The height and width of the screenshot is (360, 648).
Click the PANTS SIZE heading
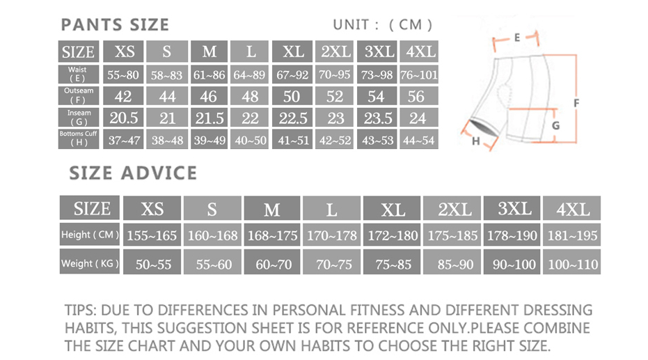pyautogui.click(x=115, y=25)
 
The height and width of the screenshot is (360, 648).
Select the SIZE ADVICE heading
pyautogui.click(x=133, y=173)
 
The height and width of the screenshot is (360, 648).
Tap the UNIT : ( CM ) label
pyautogui.click(x=382, y=25)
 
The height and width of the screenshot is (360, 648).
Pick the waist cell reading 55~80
pyautogui.click(x=123, y=75)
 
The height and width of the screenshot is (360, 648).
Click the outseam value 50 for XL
pyautogui.click(x=292, y=96)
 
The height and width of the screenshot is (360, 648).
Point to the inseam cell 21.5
pyautogui.click(x=209, y=118)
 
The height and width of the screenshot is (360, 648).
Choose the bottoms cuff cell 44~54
pyautogui.click(x=418, y=140)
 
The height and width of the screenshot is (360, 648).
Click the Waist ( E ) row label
pyautogui.click(x=78, y=75)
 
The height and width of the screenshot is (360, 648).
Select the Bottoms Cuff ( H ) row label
pyautogui.click(x=78, y=139)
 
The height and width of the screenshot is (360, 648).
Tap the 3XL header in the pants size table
pyautogui.click(x=377, y=52)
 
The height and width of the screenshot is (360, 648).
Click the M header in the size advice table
pyautogui.click(x=272, y=208)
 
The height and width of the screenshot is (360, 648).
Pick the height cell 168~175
pyautogui.click(x=272, y=235)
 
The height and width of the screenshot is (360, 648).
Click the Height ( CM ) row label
pyautogui.click(x=90, y=235)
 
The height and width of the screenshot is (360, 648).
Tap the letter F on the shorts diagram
pyautogui.click(x=576, y=102)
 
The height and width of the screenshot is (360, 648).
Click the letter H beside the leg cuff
pyautogui.click(x=475, y=141)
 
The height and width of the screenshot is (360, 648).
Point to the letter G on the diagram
pyautogui.click(x=556, y=125)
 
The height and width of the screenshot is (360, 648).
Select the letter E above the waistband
pyautogui.click(x=517, y=38)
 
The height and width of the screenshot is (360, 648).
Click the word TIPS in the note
pyautogui.click(x=80, y=310)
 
